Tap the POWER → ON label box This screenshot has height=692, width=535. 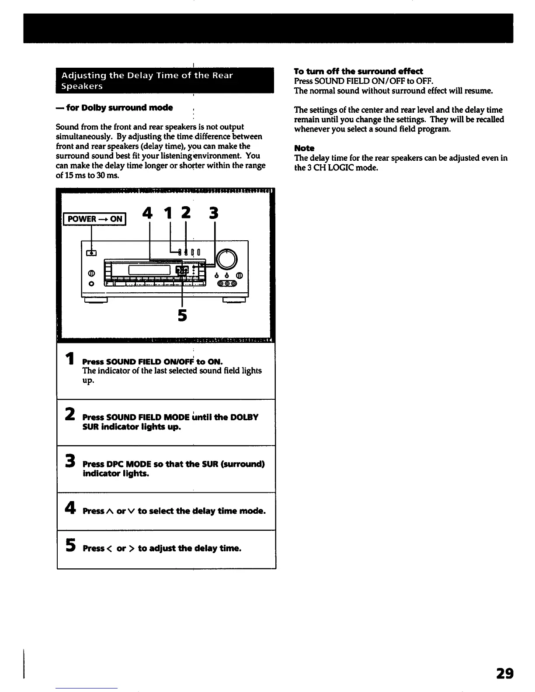[94, 219]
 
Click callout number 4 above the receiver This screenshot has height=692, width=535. [148, 213]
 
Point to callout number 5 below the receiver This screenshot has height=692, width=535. [182, 315]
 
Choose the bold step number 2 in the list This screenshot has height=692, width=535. [69, 413]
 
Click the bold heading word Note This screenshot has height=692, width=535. [304, 149]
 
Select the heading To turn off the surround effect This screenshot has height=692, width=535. [358, 71]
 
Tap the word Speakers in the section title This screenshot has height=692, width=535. [82, 86]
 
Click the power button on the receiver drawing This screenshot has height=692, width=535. [91, 253]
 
